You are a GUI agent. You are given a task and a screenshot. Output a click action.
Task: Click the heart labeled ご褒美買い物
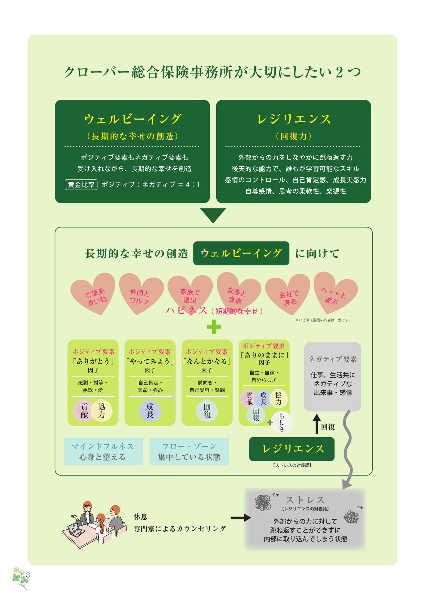(x=93, y=294)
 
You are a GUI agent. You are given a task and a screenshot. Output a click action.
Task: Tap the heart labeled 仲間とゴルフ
(x=141, y=294)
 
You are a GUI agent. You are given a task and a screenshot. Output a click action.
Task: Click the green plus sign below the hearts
(x=214, y=327)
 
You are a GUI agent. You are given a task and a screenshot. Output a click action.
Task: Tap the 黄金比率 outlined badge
(x=81, y=184)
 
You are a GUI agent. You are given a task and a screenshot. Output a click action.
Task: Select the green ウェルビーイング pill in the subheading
(x=241, y=253)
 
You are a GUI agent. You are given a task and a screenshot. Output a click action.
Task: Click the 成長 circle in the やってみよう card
(x=150, y=411)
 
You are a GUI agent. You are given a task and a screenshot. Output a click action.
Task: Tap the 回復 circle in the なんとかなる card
(x=207, y=411)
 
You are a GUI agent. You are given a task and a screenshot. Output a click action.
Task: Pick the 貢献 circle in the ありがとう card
(x=84, y=411)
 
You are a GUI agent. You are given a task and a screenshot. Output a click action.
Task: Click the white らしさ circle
(x=282, y=422)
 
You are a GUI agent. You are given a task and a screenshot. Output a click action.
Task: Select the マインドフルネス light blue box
(x=103, y=451)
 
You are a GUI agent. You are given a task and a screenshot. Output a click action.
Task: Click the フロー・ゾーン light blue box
(x=189, y=451)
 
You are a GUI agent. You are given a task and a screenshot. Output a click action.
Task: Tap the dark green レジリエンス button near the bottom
(x=292, y=449)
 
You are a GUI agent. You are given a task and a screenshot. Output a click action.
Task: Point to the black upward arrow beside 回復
(x=317, y=424)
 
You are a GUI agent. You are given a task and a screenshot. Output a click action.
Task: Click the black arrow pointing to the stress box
(x=241, y=518)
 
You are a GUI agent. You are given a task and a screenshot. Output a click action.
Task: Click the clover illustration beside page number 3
(x=20, y=577)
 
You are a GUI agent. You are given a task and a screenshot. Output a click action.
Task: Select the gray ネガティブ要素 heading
(x=333, y=359)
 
